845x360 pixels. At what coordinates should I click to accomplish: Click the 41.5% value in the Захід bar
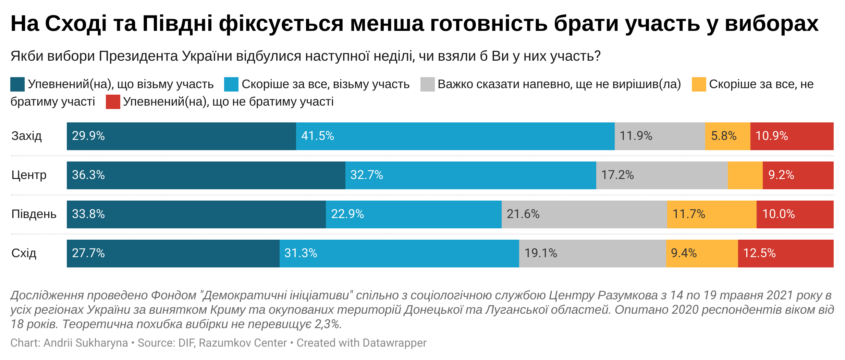pyautogui.click(x=318, y=136)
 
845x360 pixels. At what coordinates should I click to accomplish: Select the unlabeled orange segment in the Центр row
pyautogui.click(x=745, y=175)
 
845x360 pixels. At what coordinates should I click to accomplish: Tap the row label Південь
pyautogui.click(x=34, y=214)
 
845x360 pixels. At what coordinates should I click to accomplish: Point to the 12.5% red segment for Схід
pyautogui.click(x=785, y=253)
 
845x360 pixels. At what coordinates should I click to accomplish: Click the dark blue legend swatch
pyautogui.click(x=17, y=84)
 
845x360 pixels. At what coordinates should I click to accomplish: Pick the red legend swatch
pyautogui.click(x=113, y=102)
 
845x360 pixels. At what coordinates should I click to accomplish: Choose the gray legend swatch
pyautogui.click(x=427, y=84)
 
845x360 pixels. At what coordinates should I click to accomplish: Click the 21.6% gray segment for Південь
pyautogui.click(x=584, y=214)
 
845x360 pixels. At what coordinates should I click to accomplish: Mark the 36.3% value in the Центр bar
pyautogui.click(x=88, y=175)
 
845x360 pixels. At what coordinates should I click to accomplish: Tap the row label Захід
pyautogui.click(x=26, y=136)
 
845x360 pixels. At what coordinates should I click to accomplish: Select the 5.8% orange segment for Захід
pyautogui.click(x=727, y=136)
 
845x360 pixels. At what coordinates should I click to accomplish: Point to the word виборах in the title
pyautogui.click(x=771, y=24)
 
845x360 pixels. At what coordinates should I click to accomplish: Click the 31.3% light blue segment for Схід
pyautogui.click(x=399, y=253)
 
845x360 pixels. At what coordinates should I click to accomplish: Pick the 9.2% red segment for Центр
pyautogui.click(x=798, y=175)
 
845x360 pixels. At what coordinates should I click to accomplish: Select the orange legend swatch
pyautogui.click(x=699, y=84)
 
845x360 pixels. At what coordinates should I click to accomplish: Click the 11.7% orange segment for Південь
pyautogui.click(x=712, y=214)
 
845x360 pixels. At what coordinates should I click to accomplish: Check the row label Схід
pyautogui.click(x=24, y=253)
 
